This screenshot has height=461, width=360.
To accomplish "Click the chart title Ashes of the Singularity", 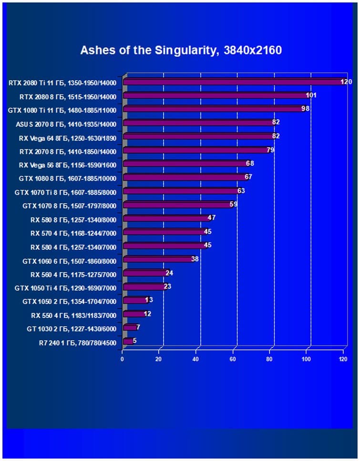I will point(181,50).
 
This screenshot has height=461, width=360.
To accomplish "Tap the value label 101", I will point(311,95).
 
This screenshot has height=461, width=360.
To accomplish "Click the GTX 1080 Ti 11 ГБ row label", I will point(62,110).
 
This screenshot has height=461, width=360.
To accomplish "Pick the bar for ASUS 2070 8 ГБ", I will point(198,123).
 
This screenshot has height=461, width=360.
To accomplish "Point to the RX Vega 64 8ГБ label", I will point(67,137).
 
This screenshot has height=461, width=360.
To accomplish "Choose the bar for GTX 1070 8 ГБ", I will point(177,205).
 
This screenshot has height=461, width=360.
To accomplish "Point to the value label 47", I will point(212,218).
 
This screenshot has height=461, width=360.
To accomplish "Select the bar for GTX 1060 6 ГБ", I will point(157,259).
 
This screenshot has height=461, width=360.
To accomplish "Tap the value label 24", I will point(169,273).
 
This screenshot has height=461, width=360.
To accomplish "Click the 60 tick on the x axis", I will point(233,359).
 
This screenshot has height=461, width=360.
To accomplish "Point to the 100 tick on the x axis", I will point(306,359).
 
